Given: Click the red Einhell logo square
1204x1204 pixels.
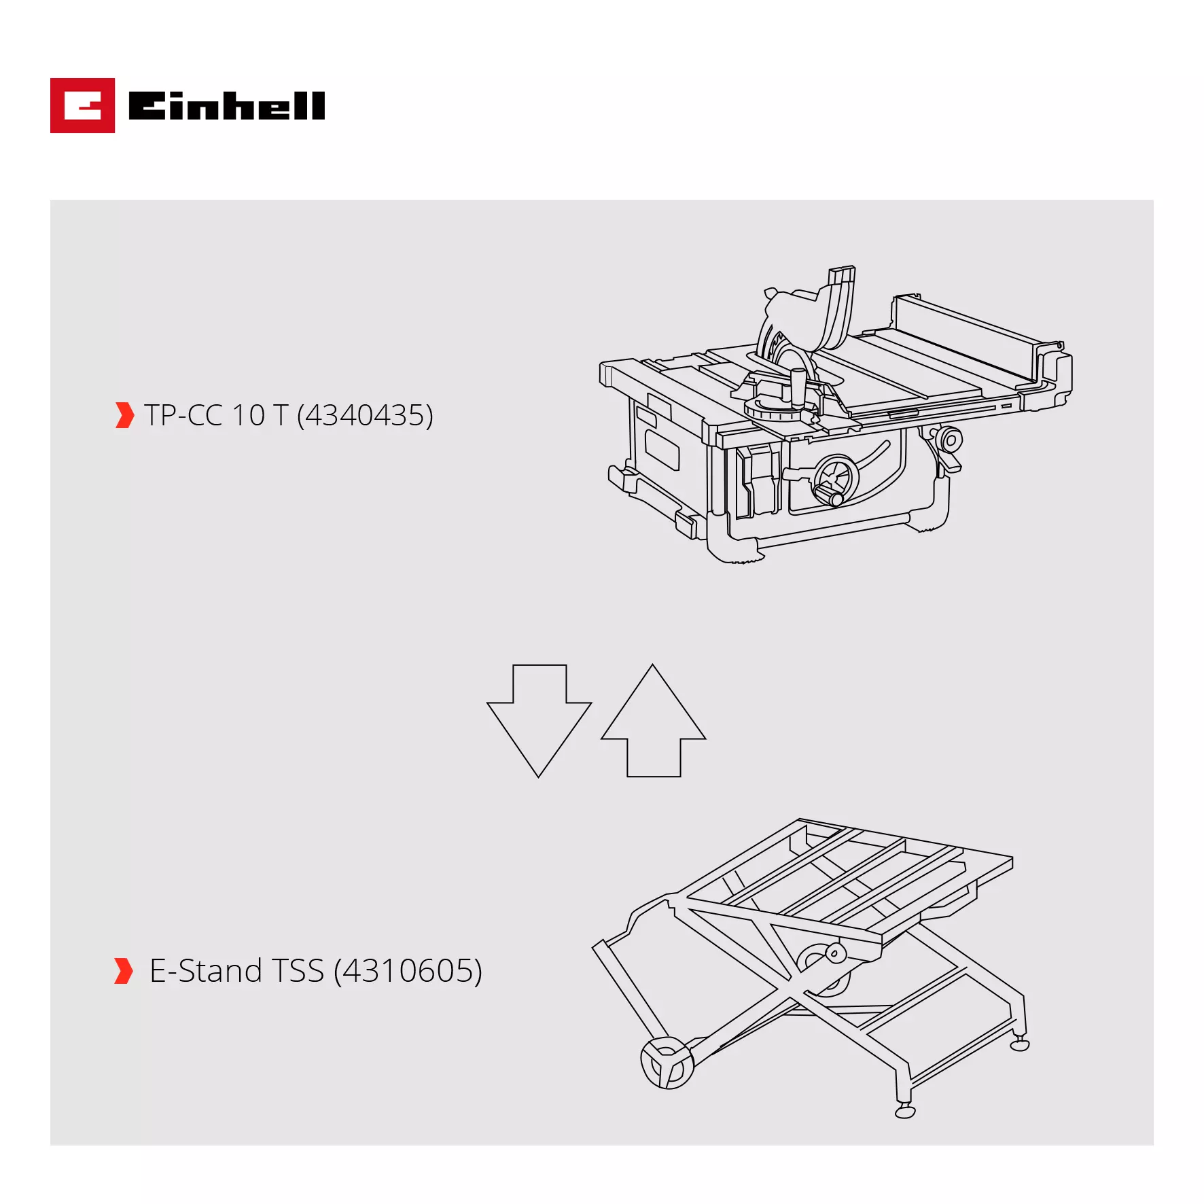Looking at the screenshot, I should [x=82, y=105].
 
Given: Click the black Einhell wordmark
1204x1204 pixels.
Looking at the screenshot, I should [x=226, y=106].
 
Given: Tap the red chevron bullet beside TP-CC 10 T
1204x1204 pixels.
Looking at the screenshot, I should [x=124, y=415].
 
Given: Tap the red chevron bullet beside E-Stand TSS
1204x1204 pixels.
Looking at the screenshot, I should [x=124, y=971].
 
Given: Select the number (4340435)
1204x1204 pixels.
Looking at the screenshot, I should [x=365, y=415].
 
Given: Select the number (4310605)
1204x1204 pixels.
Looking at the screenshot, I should [x=408, y=971].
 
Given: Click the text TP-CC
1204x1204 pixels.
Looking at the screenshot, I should [x=183, y=415].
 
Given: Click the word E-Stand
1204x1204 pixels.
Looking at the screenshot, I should [x=205, y=971].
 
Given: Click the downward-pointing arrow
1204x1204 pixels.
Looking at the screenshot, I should [x=539, y=720].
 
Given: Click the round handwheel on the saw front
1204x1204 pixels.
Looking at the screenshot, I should [x=836, y=480].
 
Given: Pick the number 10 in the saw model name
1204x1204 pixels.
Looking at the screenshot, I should [x=248, y=415].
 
